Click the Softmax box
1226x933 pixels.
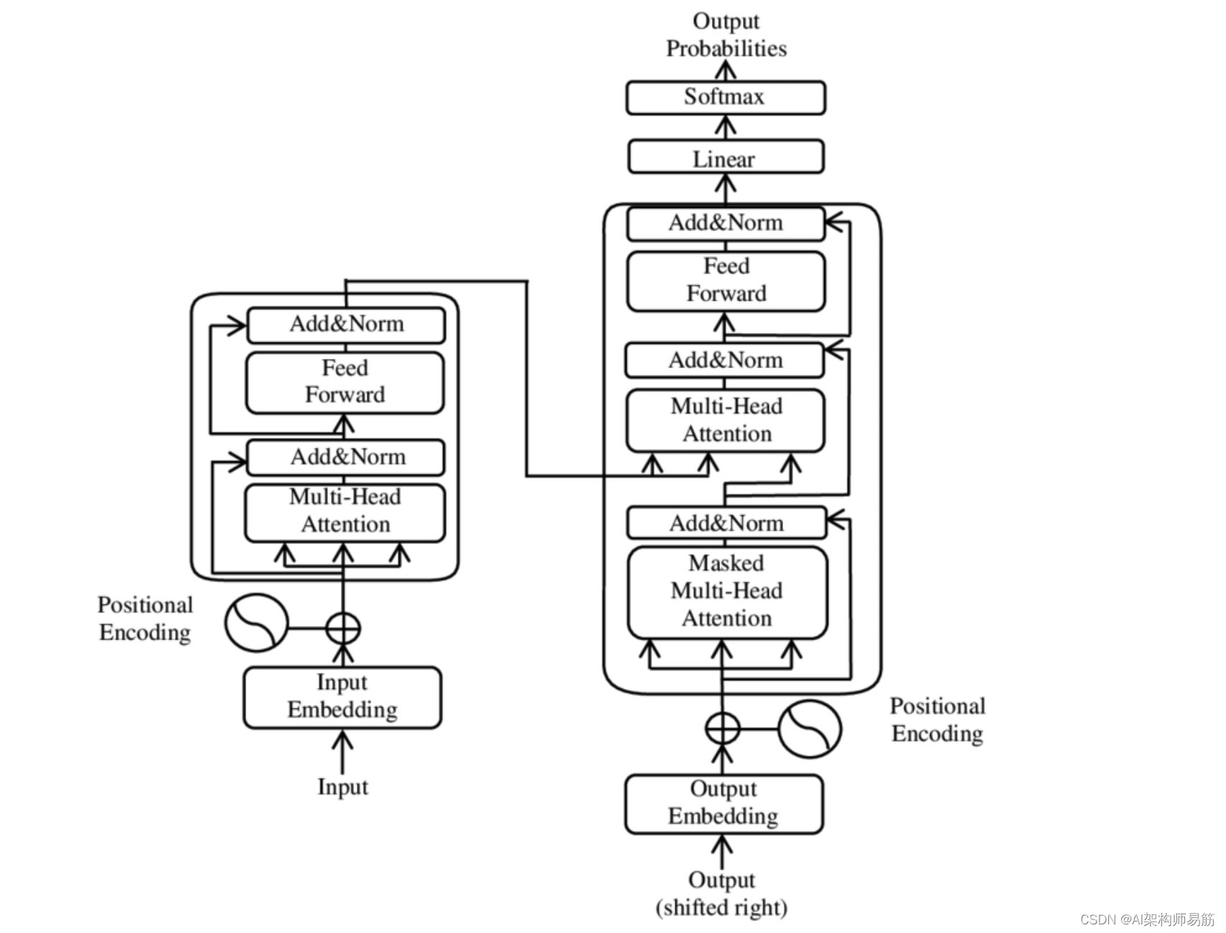[x=726, y=98]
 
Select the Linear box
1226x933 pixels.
[x=726, y=157]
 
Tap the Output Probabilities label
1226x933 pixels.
[x=726, y=34]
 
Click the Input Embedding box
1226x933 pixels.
[x=342, y=697]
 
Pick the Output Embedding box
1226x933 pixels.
[x=724, y=803]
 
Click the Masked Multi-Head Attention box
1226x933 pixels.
[x=727, y=592]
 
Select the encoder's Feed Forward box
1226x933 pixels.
[x=345, y=382]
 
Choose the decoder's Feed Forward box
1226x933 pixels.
[x=726, y=281]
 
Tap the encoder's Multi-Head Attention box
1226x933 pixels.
[x=345, y=512]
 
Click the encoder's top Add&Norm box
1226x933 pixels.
[x=346, y=324]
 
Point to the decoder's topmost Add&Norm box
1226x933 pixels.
[x=726, y=223]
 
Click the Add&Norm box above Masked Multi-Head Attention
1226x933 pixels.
[x=726, y=523]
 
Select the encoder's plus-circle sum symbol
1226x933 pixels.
[x=343, y=629]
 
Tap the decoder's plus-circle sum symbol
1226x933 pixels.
[x=722, y=728]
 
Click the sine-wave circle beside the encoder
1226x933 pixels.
[x=256, y=623]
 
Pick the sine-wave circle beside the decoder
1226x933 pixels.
[x=810, y=728]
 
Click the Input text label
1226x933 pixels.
[x=342, y=787]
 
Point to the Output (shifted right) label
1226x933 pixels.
[x=721, y=894]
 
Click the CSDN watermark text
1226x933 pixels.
[x=1146, y=919]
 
